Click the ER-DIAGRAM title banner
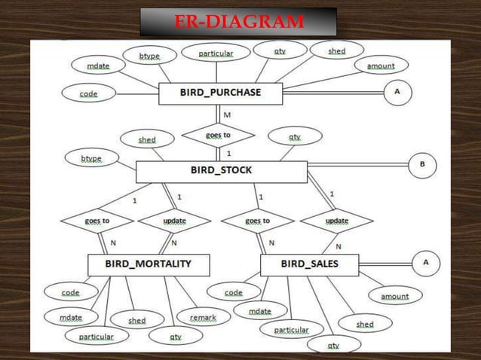pyautogui.click(x=238, y=22)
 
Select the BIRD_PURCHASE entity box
pyautogui.click(x=220, y=93)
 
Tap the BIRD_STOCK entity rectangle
pyautogui.click(x=221, y=171)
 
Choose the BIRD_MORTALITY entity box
pyautogui.click(x=149, y=264)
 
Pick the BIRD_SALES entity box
pyautogui.click(x=309, y=264)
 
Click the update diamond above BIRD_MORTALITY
pyautogui.click(x=174, y=221)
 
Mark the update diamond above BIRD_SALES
pyautogui.click(x=336, y=221)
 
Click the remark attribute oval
pyautogui.click(x=203, y=318)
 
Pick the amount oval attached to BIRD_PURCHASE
pyautogui.click(x=381, y=66)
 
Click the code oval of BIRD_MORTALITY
pyautogui.click(x=70, y=291)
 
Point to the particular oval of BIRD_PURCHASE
pyautogui.click(x=216, y=53)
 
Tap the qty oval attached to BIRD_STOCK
pyautogui.click(x=294, y=137)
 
